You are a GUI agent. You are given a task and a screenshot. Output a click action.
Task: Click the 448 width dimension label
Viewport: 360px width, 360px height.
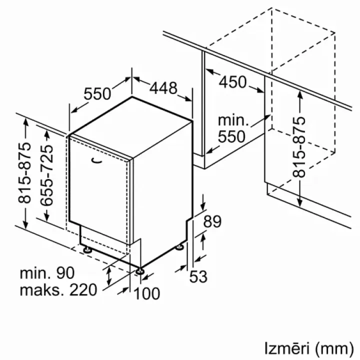[x=163, y=87]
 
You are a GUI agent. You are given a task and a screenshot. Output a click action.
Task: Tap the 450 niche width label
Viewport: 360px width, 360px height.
[x=232, y=82]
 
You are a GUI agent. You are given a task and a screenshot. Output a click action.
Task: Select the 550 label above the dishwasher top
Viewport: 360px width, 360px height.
[x=97, y=93]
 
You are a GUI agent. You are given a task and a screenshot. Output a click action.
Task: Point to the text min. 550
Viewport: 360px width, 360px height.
[x=233, y=128]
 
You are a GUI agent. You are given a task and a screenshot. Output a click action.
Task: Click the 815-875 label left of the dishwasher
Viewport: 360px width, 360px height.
[x=24, y=173]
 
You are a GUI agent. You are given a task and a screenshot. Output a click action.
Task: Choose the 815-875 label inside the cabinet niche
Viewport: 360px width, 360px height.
[x=299, y=147]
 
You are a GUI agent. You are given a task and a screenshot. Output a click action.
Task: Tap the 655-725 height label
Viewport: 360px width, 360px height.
[x=46, y=175]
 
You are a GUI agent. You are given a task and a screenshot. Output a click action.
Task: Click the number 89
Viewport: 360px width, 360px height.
[x=212, y=221]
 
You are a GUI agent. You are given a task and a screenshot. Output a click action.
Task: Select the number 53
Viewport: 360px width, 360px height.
[x=198, y=276]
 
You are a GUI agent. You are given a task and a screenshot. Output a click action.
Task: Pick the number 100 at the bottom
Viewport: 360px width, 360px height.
[x=147, y=293]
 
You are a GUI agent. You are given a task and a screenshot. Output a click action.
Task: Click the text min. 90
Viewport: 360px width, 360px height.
[x=47, y=273]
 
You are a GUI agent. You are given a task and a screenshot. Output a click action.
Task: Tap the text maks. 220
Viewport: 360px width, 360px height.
[x=58, y=290]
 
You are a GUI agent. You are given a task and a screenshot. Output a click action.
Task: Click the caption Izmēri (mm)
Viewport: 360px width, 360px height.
[x=309, y=348]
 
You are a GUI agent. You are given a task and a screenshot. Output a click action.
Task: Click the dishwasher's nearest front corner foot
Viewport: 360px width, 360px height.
[x=140, y=271]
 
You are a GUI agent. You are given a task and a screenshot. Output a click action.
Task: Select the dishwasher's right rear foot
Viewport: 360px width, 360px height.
[x=179, y=247]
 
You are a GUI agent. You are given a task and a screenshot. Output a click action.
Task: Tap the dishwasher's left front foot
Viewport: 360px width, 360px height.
[x=87, y=249]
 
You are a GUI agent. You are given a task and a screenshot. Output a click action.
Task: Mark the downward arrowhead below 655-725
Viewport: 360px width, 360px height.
[x=46, y=216]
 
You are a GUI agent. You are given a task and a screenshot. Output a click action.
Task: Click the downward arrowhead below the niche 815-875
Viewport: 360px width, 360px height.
[x=299, y=201]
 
